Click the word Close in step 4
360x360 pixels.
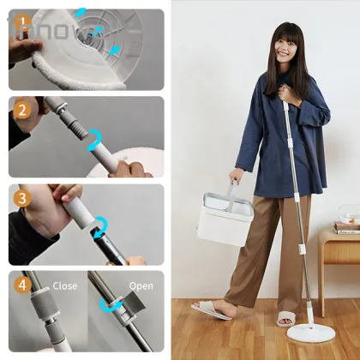(64, 285)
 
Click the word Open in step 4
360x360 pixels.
(141, 285)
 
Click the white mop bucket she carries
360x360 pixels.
(225, 219)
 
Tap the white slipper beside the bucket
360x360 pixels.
(211, 310)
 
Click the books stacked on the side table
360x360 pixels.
(346, 227)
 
